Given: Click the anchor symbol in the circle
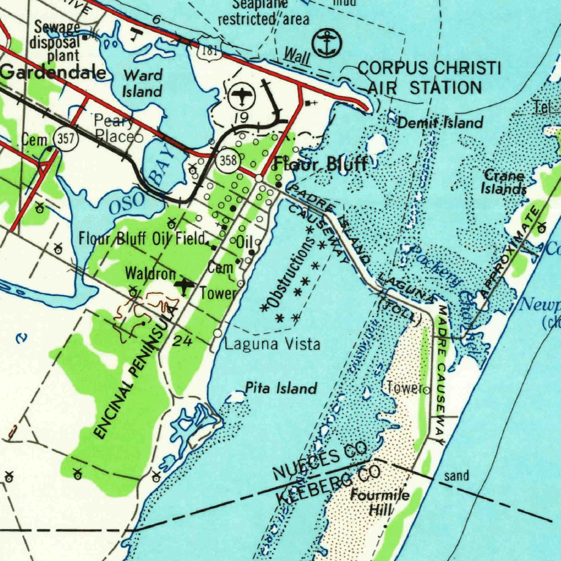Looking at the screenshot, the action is (x=327, y=43).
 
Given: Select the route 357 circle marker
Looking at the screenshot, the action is (x=66, y=139).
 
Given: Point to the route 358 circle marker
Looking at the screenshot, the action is (x=226, y=161).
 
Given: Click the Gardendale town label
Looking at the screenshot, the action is (x=53, y=72).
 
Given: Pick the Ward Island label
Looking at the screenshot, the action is (x=142, y=83).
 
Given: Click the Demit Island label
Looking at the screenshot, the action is (x=440, y=123).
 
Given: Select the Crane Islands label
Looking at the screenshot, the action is (x=503, y=182).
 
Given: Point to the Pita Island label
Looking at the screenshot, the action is (x=281, y=389).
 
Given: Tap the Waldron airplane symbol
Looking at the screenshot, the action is (x=185, y=285).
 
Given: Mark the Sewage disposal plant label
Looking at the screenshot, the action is (x=55, y=41).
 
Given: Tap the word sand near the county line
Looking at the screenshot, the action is (x=456, y=476).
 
